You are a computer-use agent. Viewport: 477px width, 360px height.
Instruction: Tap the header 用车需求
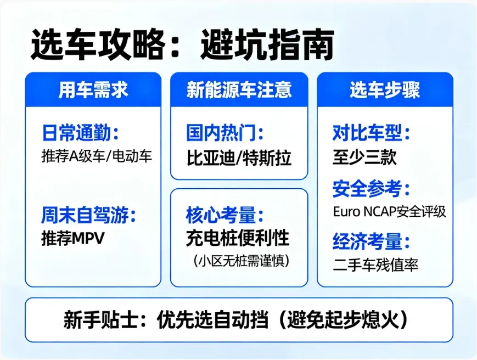pos(93,90)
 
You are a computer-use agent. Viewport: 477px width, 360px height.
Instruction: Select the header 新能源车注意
pos(239,90)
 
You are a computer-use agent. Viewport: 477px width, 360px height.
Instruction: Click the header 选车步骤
pos(385,90)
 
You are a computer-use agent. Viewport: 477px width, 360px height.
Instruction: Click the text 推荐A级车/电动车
pos(97,156)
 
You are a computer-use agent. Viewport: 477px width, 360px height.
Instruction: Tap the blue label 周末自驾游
pos(88,216)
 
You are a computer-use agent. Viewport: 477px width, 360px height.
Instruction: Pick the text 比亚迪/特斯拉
pos(239,158)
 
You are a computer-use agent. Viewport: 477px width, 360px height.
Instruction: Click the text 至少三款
pos(364,157)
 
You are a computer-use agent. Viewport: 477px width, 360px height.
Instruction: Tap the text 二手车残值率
pos(375,266)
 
